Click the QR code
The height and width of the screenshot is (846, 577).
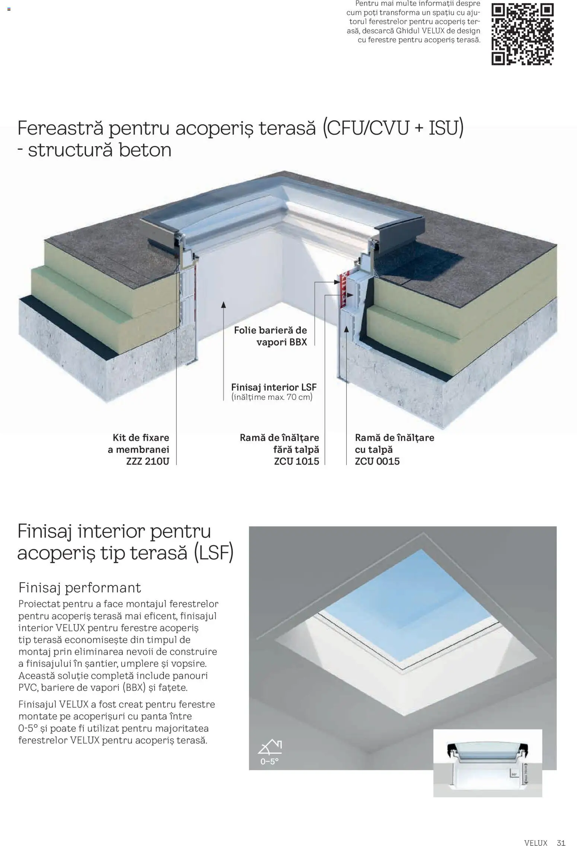(522, 34)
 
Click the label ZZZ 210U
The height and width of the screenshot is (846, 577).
(147, 462)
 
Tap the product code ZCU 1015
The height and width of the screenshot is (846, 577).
(296, 462)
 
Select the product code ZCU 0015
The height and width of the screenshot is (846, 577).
(377, 462)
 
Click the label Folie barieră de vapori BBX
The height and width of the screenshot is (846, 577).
(271, 336)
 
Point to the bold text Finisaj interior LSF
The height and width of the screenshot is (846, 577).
(274, 387)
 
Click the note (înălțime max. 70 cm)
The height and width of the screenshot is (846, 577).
(272, 397)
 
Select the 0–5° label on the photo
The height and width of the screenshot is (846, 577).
(269, 762)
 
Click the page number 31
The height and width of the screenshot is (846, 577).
(561, 832)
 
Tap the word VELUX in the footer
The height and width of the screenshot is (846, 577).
(536, 832)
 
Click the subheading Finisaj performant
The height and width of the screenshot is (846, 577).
(80, 588)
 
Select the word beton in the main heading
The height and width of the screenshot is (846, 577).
(145, 150)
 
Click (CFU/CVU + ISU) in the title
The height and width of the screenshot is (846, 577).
(393, 128)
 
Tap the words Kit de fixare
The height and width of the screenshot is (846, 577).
(141, 438)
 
